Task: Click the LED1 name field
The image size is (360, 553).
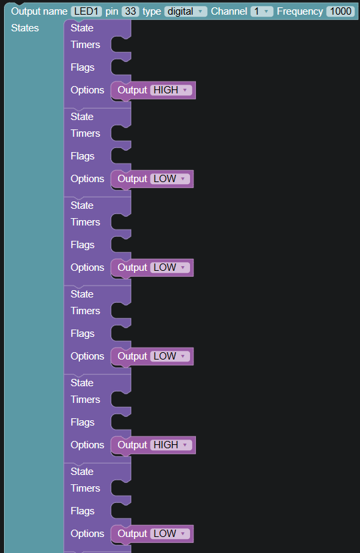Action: pos(86,11)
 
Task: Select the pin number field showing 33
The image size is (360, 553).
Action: pos(131,11)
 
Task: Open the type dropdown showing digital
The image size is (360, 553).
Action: pos(185,11)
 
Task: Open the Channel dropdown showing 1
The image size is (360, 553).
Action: pos(261,11)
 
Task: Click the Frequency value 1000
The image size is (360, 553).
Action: pos(341,11)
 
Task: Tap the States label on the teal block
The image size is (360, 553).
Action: pos(25,28)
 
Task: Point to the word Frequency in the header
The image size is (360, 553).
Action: pos(300,11)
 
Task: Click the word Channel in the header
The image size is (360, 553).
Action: pos(229,11)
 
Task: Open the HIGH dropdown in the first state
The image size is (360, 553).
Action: pos(171,90)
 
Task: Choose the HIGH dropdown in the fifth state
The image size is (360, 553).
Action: pos(171,445)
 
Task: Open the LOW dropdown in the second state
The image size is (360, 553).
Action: pos(170,179)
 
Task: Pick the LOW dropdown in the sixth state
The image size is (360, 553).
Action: pos(170,534)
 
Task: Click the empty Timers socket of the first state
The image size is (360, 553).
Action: pos(120,45)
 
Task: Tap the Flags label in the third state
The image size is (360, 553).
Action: pos(83,245)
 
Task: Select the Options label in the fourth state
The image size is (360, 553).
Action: pos(87,356)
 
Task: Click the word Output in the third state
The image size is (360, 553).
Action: pos(132,267)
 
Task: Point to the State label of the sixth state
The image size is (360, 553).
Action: pos(82,472)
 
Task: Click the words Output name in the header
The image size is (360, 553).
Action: pos(39,11)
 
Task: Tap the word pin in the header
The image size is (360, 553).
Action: pos(112,11)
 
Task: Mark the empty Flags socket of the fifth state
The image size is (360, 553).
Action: pos(120,422)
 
